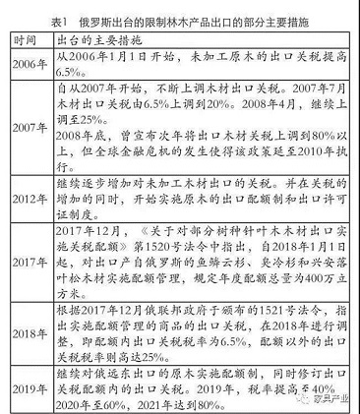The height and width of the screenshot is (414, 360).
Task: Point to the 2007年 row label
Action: (28, 128)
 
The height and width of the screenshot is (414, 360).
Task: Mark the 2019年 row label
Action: (28, 384)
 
